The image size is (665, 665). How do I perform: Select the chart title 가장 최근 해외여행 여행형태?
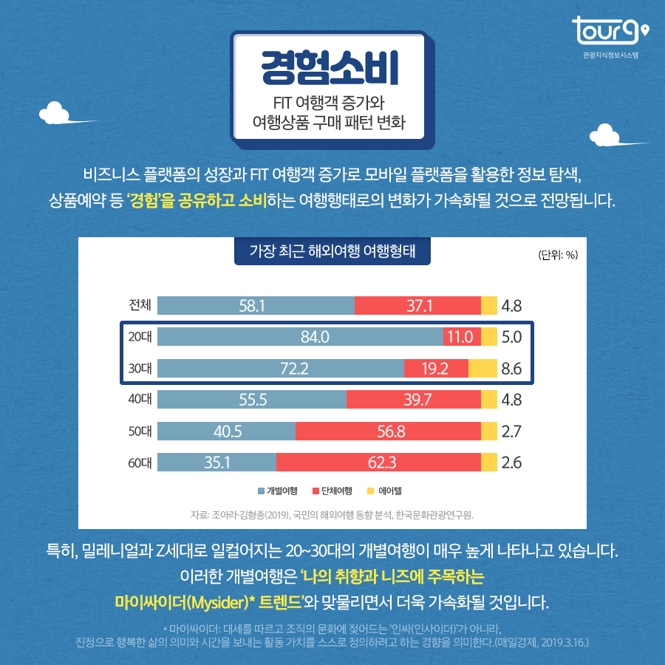coord(332,251)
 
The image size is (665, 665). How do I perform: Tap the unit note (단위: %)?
coord(558,256)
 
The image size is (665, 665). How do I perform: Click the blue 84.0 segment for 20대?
coord(300,337)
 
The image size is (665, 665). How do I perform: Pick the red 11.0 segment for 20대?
coord(461,337)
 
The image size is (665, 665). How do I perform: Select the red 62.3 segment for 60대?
coord(378,463)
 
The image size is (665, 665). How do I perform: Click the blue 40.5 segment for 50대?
coord(226,432)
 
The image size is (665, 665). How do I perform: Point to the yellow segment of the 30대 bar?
coord(482,369)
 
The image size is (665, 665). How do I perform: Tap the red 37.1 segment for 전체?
coord(417,305)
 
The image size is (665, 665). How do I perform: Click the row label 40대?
coord(140,400)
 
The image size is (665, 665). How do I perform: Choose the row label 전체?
coord(140,305)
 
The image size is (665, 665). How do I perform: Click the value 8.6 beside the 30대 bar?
coord(511,369)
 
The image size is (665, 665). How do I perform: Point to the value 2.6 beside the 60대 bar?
coord(511,463)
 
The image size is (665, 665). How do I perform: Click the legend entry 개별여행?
coord(278,491)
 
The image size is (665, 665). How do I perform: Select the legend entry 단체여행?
coord(332,491)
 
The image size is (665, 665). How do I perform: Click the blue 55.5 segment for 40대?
coord(252,400)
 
